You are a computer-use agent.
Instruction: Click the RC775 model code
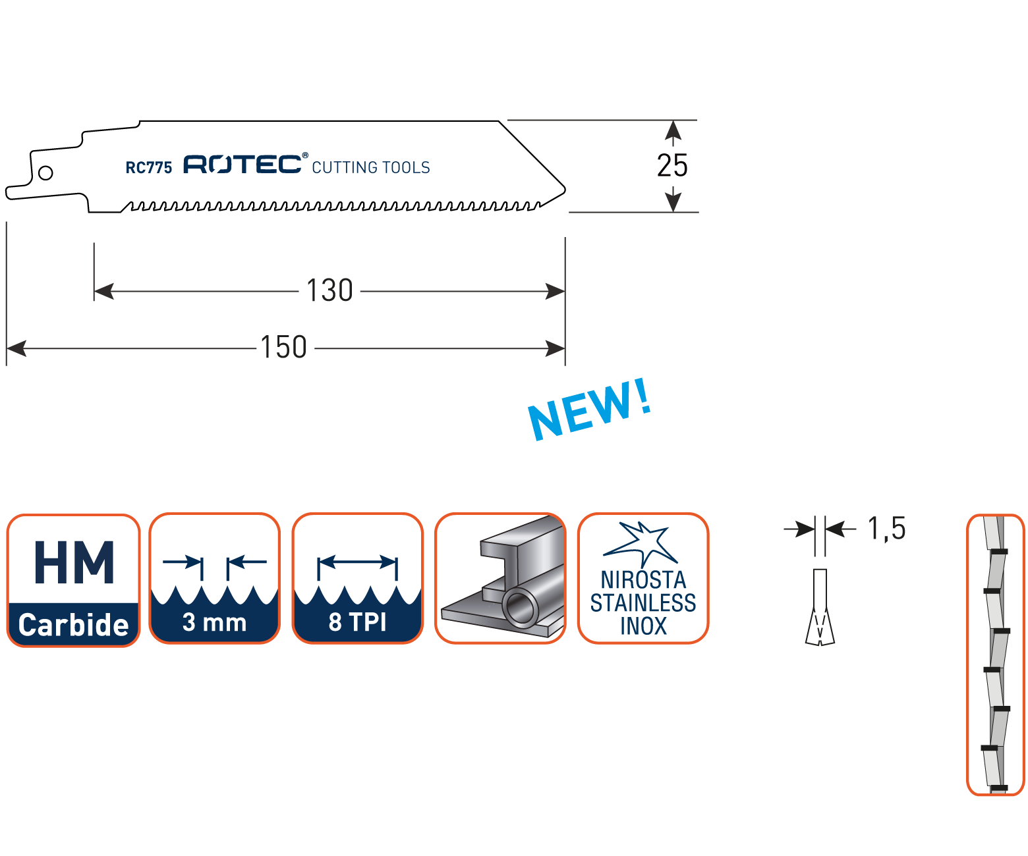[148, 167]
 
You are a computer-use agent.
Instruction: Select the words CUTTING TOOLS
[370, 167]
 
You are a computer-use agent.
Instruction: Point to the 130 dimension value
[329, 290]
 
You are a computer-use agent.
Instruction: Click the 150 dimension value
[283, 348]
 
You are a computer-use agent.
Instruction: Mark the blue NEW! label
[590, 410]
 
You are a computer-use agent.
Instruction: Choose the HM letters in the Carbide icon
[74, 562]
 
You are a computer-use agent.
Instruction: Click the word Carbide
[73, 625]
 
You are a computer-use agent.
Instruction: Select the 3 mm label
[214, 622]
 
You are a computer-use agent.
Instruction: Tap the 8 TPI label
[357, 622]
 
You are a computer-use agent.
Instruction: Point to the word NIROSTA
[643, 580]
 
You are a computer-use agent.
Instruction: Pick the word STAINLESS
[643, 602]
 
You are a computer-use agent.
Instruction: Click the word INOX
[643, 626]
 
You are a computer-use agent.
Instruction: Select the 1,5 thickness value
[886, 528]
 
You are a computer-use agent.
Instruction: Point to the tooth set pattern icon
[995, 655]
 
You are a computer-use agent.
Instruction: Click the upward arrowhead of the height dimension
[673, 130]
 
